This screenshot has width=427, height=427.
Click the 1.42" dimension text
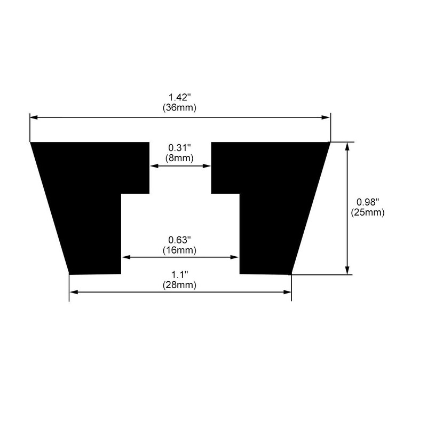[x=180, y=97]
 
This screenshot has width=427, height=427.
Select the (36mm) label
[x=180, y=107]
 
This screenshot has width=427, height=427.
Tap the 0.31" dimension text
[x=180, y=148]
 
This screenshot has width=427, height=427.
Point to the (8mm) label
[x=180, y=158]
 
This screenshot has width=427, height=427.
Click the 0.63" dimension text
[x=180, y=239]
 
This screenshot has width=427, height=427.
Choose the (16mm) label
[x=180, y=249]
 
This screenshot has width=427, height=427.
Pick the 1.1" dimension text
[x=180, y=274]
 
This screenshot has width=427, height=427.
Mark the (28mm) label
[x=180, y=284]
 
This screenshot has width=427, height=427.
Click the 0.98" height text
[x=368, y=202]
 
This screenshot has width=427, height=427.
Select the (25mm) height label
[x=368, y=212]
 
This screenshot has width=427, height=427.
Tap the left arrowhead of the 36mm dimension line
[x=33, y=117]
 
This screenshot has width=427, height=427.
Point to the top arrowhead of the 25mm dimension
[x=347, y=146]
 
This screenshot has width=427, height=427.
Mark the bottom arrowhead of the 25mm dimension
[x=347, y=271]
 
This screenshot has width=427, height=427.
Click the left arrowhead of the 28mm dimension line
[x=73, y=292]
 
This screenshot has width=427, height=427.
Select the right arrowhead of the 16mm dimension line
[x=235, y=257]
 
